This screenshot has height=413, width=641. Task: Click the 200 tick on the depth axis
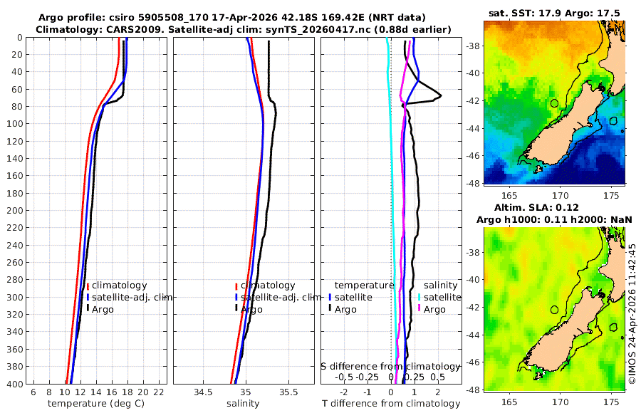[x=14, y=210]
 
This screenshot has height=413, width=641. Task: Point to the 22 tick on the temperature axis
[x=159, y=392]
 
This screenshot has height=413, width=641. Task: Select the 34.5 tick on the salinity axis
[x=203, y=392]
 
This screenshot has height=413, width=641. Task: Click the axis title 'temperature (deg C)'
[x=96, y=403]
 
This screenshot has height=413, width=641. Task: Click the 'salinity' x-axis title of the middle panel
[x=243, y=403]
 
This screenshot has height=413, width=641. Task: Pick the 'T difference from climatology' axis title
[x=391, y=403]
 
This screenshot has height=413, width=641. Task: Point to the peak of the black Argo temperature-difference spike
[x=441, y=96]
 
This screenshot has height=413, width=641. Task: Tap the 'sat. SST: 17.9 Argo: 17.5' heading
[x=554, y=13]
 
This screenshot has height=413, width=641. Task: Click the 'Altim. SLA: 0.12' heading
[x=536, y=207]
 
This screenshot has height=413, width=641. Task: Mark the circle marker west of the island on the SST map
[x=554, y=103]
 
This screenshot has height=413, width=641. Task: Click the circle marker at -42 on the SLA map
[x=554, y=310]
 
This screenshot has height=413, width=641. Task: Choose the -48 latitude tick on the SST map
[x=473, y=183]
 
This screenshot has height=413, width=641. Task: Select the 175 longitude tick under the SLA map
[x=611, y=402]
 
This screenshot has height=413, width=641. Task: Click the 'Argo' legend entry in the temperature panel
[x=100, y=309]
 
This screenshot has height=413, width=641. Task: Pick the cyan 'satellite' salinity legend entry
[x=439, y=297]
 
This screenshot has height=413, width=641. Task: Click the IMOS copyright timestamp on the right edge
[x=632, y=313]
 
